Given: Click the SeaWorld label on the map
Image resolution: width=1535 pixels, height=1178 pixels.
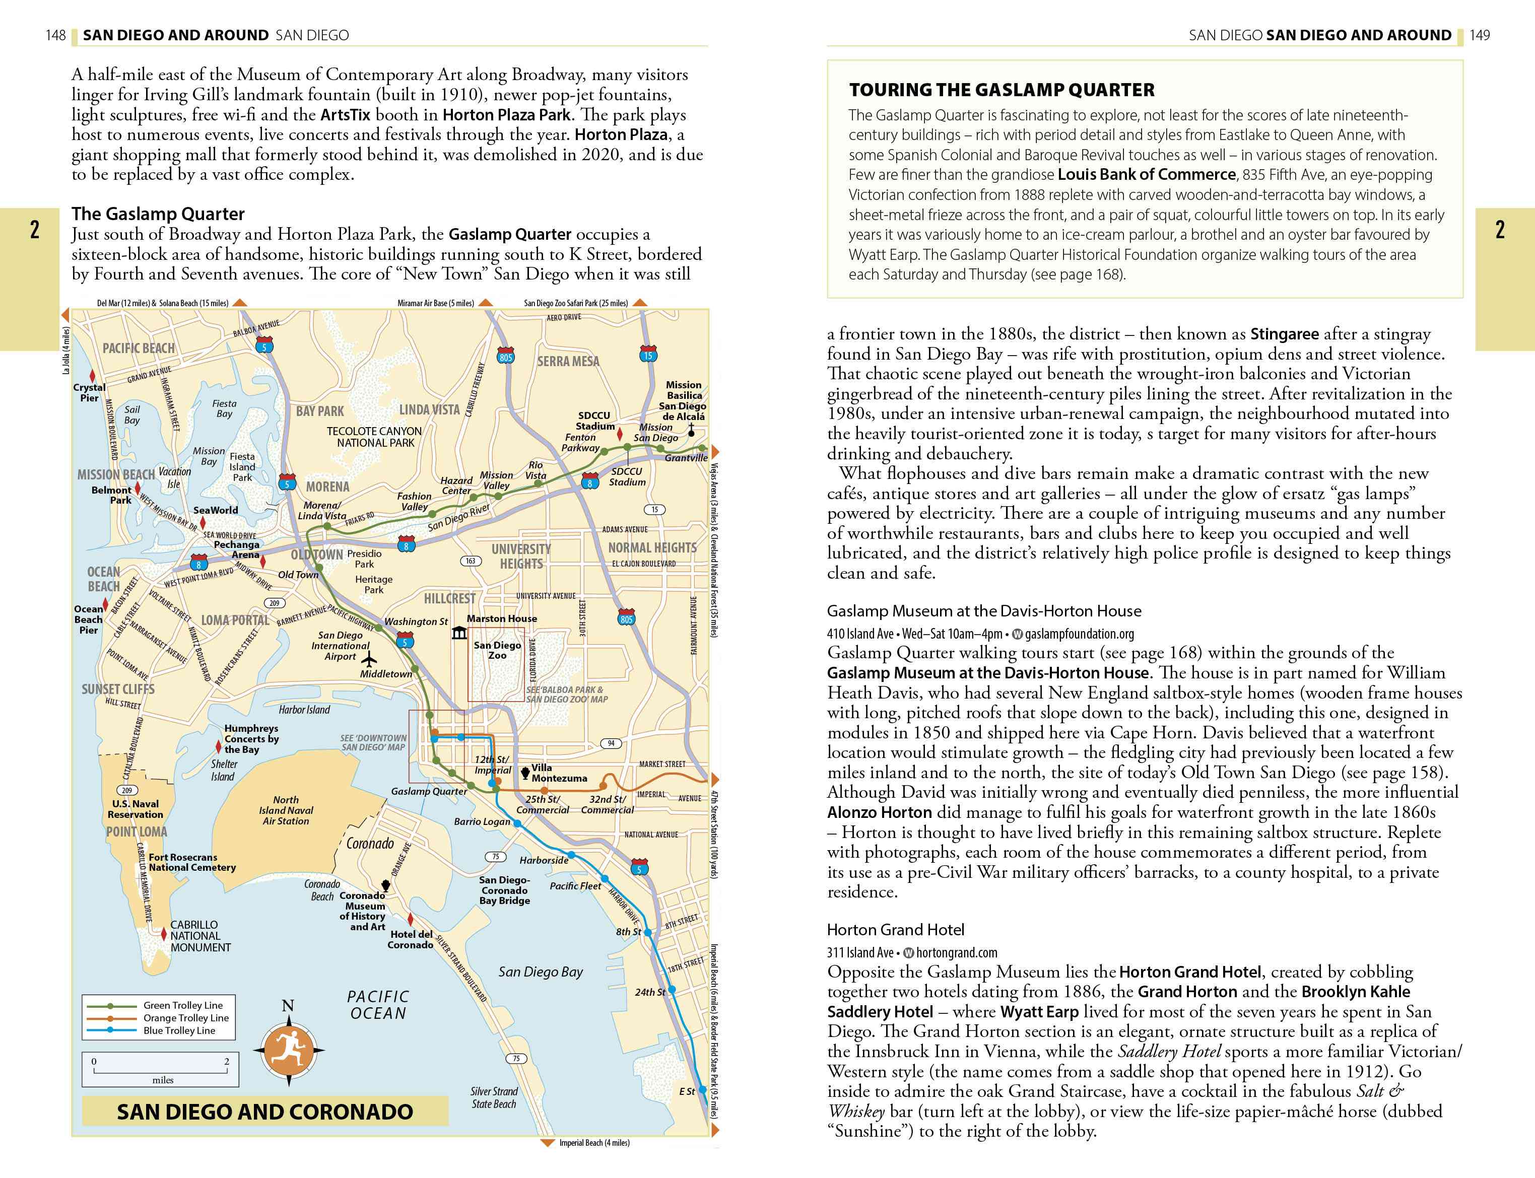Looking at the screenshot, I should (215, 510).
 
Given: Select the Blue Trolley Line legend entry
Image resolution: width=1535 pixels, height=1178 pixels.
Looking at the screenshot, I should (179, 1030).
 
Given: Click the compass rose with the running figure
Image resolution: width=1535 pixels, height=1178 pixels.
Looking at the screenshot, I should (288, 1050).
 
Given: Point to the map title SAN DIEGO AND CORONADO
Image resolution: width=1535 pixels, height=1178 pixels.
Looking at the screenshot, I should (264, 1112).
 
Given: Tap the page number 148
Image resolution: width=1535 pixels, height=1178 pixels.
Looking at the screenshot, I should (55, 35).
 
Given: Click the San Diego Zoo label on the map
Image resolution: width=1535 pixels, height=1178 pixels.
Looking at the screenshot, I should (497, 650).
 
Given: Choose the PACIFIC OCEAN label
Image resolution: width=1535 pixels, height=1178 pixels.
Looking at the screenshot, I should (378, 1004).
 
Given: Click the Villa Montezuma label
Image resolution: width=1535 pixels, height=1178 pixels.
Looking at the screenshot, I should (558, 773).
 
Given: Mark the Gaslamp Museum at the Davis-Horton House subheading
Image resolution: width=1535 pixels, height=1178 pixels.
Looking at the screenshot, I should (983, 611).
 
